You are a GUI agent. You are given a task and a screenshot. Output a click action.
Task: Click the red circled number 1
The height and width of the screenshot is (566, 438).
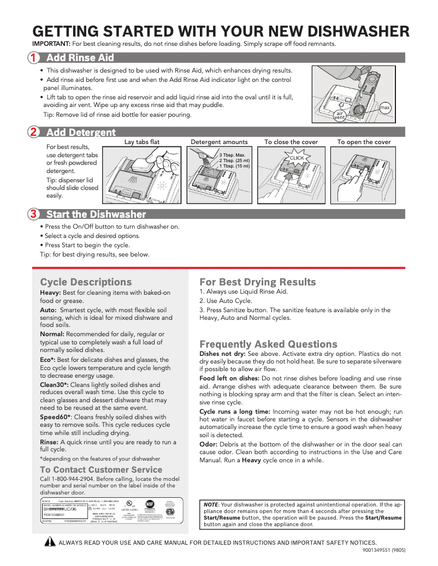[x=34, y=58]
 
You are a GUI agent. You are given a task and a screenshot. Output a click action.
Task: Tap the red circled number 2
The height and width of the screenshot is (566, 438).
[x=34, y=132]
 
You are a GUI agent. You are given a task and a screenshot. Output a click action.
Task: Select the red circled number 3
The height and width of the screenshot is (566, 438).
[x=34, y=214]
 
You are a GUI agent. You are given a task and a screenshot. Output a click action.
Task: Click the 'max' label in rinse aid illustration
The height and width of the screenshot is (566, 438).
[x=385, y=108]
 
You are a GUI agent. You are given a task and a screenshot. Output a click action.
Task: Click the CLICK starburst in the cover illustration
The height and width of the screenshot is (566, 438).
[x=297, y=158]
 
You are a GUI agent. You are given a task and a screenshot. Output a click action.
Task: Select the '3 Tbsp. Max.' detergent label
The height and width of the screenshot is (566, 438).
[x=233, y=155]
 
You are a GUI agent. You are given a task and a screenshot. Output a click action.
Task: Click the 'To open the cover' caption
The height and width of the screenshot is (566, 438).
[x=364, y=142]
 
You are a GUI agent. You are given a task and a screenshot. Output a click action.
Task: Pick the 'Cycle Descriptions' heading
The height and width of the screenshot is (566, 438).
[x=86, y=282]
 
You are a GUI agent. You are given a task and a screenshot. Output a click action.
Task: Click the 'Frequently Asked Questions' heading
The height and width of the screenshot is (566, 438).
[x=268, y=344]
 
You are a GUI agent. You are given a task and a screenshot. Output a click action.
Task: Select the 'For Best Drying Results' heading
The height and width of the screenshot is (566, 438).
[x=257, y=282]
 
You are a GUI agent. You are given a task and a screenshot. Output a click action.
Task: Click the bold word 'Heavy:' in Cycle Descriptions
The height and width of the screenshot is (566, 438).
[x=50, y=293]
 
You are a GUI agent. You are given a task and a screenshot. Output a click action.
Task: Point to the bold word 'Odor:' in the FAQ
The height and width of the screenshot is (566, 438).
[x=209, y=444]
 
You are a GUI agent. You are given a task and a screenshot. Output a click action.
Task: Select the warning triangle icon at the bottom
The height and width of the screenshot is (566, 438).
[x=50, y=542]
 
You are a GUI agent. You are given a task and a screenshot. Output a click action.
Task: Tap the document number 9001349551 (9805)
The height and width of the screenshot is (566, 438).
[x=383, y=550]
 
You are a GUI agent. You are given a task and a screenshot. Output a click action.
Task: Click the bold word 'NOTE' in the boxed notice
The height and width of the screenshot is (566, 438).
[x=211, y=504]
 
